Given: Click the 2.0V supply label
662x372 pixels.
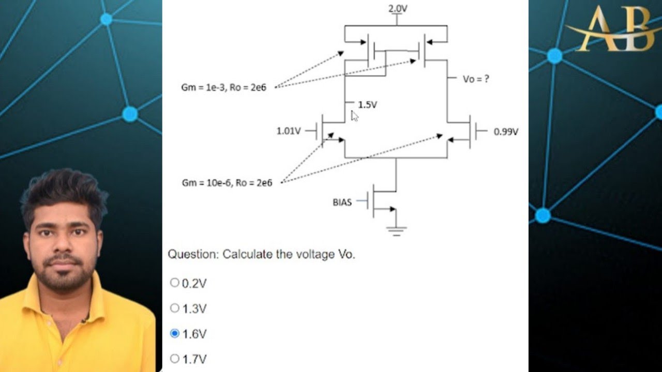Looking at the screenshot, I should (397, 9).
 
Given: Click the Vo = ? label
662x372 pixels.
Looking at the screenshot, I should (476, 79).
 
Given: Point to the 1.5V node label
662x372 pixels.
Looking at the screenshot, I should (367, 105).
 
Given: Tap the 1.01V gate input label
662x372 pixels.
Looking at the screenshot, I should (288, 131).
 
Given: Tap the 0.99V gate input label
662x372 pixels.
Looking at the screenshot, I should (505, 132).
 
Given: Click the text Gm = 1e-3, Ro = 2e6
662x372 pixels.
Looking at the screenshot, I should (223, 88).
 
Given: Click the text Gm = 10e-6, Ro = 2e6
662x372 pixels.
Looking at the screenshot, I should (227, 183).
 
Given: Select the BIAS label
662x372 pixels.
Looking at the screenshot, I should (342, 203).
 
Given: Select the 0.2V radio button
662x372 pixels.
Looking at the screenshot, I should (175, 283).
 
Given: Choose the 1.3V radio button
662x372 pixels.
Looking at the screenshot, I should (175, 308).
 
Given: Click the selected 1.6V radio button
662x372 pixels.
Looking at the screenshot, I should (175, 334).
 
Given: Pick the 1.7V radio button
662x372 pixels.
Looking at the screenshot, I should (175, 359).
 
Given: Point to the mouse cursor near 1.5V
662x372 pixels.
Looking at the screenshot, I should (354, 116).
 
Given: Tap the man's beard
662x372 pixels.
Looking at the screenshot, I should (65, 274).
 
